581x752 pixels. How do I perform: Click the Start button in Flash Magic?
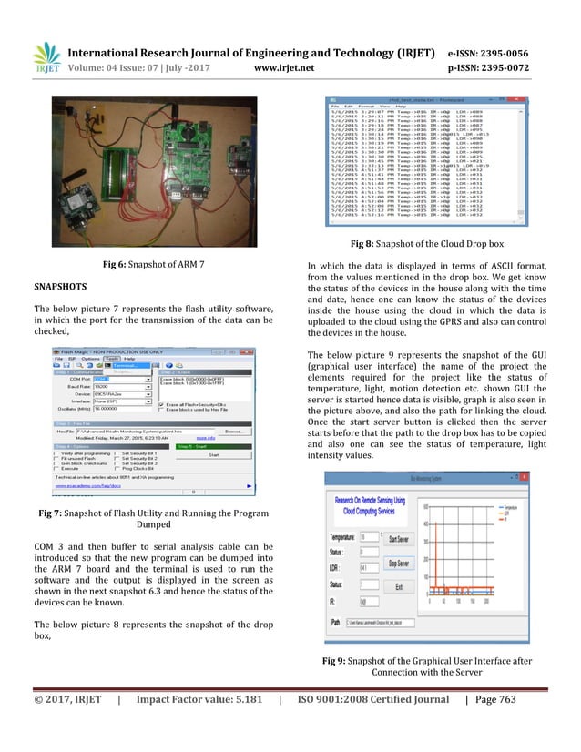click(214, 453)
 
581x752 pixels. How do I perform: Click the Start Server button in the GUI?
click(398, 539)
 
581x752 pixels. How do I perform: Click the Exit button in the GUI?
click(398, 586)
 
